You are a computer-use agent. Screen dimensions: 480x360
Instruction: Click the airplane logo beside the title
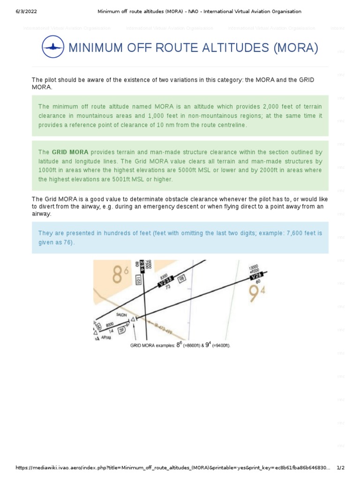pyautogui.click(x=53, y=48)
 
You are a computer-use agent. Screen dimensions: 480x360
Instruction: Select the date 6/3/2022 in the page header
pyautogui.click(x=22, y=11)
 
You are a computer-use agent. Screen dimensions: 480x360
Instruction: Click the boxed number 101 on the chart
pyautogui.click(x=138, y=280)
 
